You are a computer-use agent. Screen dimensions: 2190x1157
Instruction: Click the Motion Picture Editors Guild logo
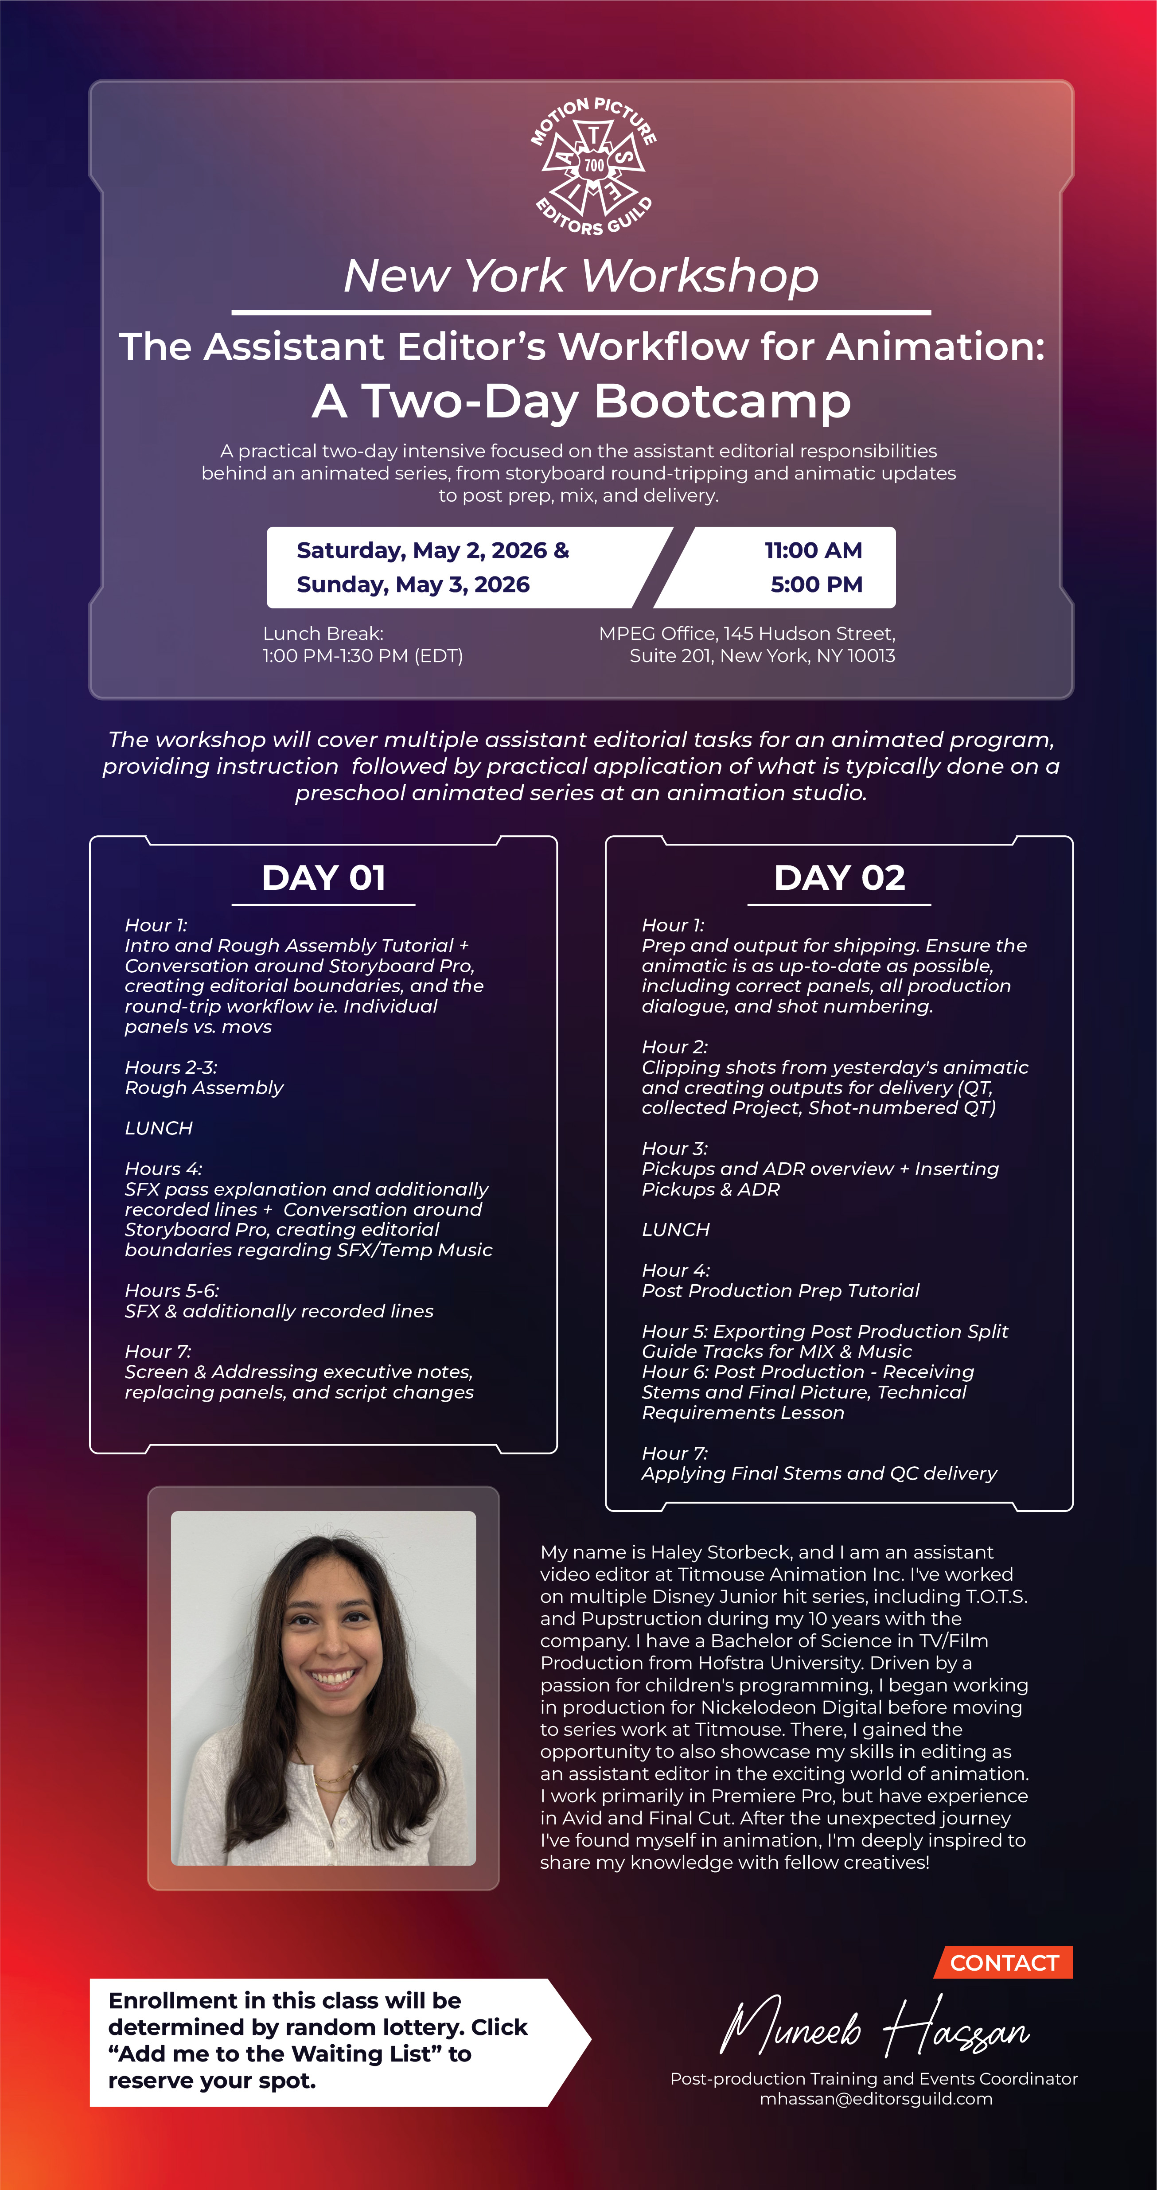pos(593,166)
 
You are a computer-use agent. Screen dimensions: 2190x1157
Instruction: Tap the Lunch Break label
pos(323,633)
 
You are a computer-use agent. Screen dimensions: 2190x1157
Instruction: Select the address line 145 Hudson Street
pos(808,633)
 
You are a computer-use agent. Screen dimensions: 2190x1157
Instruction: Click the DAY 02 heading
pos(839,877)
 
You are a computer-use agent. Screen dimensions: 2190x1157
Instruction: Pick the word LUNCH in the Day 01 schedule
pos(159,1128)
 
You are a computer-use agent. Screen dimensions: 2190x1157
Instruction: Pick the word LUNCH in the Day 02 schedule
pos(676,1229)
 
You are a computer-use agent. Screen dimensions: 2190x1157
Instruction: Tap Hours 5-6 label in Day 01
pos(172,1290)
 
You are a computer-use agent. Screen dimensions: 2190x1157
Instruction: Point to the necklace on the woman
pos(331,1777)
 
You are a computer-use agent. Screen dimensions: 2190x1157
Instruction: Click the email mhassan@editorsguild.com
pos(876,2099)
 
